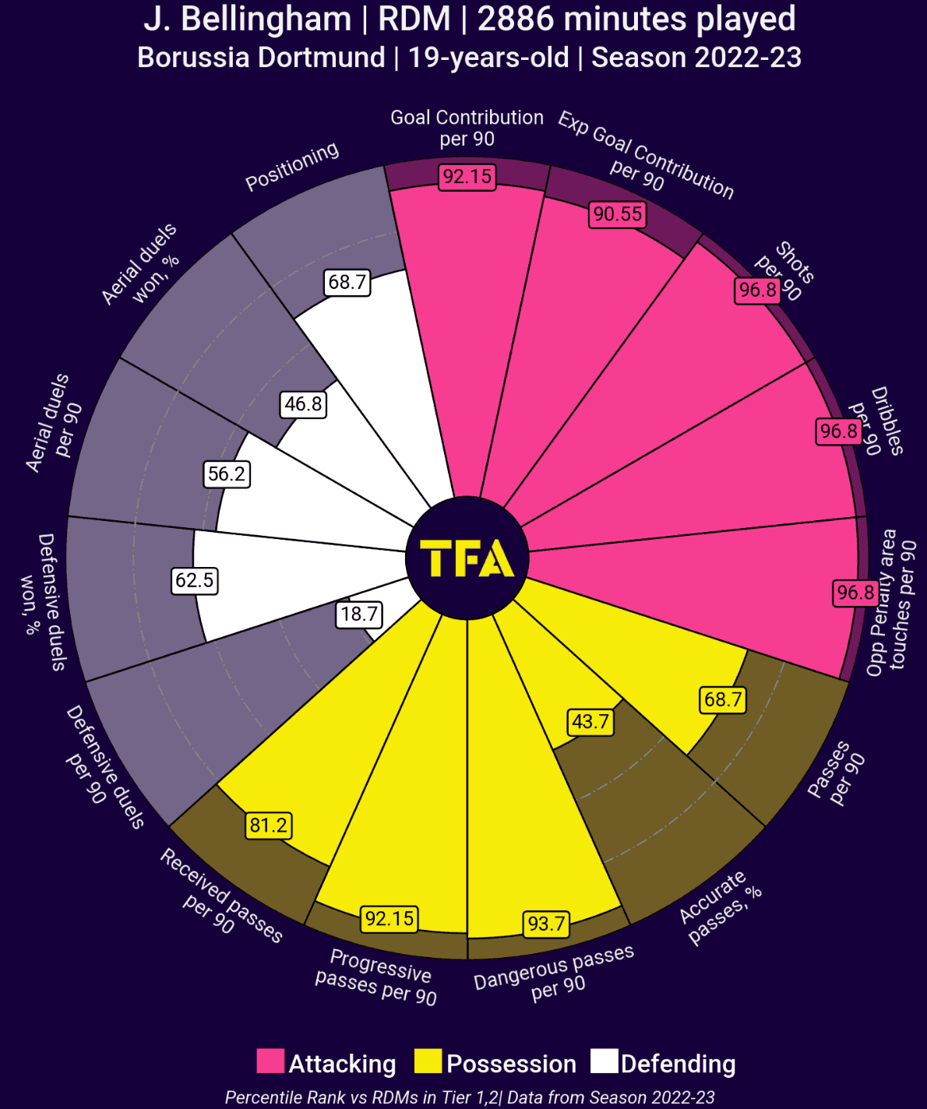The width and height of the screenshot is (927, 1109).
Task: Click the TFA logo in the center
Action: pos(467,558)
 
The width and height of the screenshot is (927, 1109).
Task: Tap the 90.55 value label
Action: pos(618,213)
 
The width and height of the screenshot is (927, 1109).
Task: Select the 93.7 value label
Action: pos(546,924)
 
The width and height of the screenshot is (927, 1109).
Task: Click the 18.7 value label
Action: pos(359,614)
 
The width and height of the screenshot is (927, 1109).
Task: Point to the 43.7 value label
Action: pos(590,721)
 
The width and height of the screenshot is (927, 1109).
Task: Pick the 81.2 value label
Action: pos(269,825)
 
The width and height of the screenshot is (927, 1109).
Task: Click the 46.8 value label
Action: pos(303,403)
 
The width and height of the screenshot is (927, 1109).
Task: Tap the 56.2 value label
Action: pos(227,474)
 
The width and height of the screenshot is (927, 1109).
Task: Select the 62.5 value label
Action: pos(195,580)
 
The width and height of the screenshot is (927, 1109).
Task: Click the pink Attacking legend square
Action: pos(270,1061)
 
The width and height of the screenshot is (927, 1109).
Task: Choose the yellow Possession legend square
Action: pos(428,1061)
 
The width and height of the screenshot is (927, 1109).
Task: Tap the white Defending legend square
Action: pos(604,1061)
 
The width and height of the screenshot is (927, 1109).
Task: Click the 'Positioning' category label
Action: pos(292,166)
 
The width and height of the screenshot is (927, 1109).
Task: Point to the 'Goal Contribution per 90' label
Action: pos(467,128)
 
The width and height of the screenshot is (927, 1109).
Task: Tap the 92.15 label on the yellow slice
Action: pos(390,918)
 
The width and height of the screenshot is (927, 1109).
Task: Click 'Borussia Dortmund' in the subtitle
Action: pos(261,58)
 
